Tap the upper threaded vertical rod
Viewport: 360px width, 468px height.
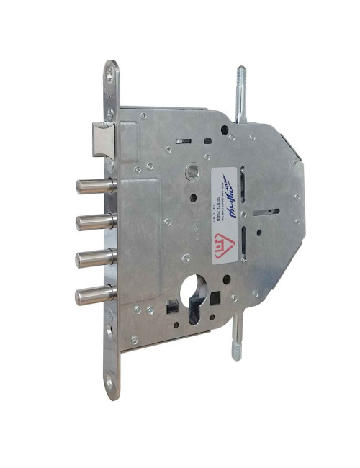[238, 90]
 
